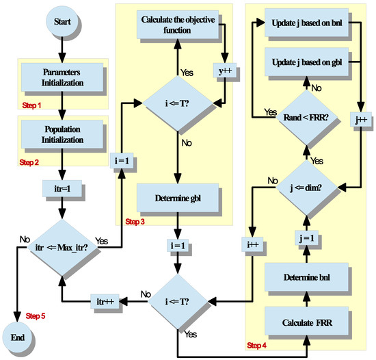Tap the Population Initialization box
tap(63, 133)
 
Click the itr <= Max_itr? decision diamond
tap(63, 244)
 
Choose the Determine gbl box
tap(176, 201)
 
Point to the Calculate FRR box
tap(307, 321)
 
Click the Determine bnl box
tap(307, 277)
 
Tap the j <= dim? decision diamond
tap(307, 185)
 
